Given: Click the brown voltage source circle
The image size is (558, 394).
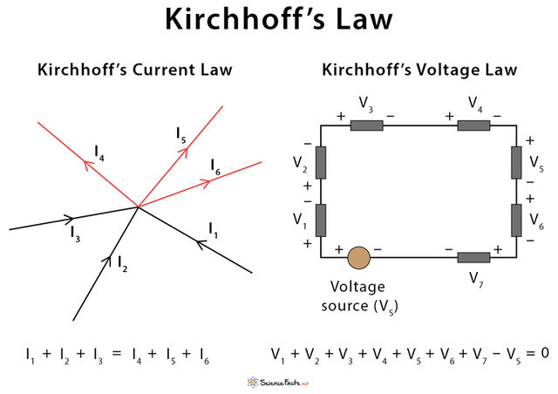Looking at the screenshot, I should (x=358, y=258).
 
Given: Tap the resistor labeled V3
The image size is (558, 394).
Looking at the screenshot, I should (x=367, y=125).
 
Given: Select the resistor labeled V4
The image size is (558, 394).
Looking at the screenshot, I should (x=474, y=125).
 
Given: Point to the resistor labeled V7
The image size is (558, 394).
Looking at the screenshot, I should (x=474, y=258).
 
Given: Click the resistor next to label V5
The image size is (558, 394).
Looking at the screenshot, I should (x=515, y=161).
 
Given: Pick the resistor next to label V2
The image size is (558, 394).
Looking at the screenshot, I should (x=320, y=161).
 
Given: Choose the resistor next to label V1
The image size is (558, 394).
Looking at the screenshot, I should (x=320, y=219).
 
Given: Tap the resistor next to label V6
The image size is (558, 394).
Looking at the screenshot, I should (x=515, y=219).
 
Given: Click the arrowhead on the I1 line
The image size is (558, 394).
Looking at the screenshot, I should (x=201, y=243).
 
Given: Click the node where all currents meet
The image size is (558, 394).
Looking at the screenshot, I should (x=138, y=207).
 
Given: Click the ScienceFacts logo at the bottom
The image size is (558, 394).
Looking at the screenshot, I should (x=278, y=381).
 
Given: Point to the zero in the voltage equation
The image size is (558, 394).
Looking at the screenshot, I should (x=543, y=354).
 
